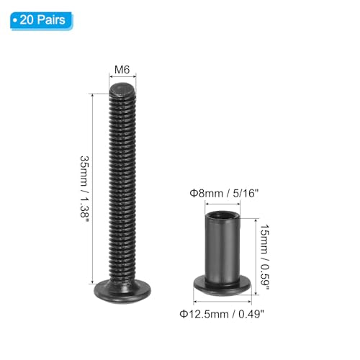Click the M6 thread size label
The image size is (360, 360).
pyautogui.click(x=123, y=71)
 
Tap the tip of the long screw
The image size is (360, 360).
pyautogui.click(x=123, y=89)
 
